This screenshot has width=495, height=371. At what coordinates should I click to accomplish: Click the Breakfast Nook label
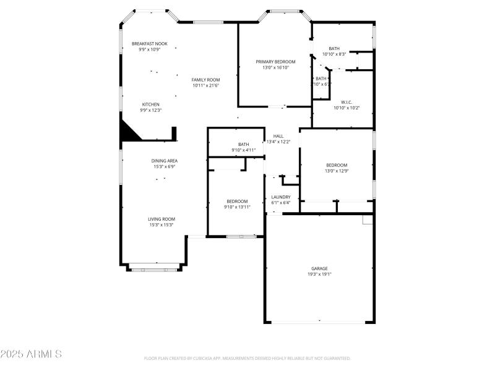[x=149, y=43]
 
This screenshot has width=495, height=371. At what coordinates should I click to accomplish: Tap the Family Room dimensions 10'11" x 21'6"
[x=205, y=86]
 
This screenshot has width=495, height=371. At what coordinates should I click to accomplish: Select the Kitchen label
[x=151, y=104]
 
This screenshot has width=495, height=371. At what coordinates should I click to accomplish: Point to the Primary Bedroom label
[x=275, y=62]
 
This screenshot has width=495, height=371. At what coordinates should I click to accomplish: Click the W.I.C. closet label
[x=346, y=102]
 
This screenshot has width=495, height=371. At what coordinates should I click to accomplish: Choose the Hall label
[x=278, y=136]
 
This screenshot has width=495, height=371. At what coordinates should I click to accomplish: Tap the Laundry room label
[x=281, y=197]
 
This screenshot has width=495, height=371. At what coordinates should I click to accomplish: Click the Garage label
[x=320, y=268]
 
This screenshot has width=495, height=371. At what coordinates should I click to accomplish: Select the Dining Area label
[x=165, y=161]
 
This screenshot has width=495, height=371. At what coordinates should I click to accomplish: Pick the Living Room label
[x=161, y=219]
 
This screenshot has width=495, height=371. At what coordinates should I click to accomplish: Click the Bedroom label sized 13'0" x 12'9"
[x=337, y=164]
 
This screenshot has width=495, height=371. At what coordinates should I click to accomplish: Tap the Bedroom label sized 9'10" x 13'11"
[x=237, y=201]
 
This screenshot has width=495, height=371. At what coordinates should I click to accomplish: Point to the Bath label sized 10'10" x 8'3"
[x=334, y=49]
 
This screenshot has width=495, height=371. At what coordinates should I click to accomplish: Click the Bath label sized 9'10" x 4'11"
[x=243, y=145]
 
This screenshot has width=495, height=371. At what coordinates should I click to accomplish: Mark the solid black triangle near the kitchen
[x=130, y=132]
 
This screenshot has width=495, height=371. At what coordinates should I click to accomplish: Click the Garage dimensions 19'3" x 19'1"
[x=320, y=274]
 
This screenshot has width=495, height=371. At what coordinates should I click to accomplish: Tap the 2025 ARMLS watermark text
[x=31, y=354]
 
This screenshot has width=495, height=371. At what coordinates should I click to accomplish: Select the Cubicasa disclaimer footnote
[x=247, y=358]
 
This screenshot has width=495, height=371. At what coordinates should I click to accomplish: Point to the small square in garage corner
[x=368, y=220]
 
